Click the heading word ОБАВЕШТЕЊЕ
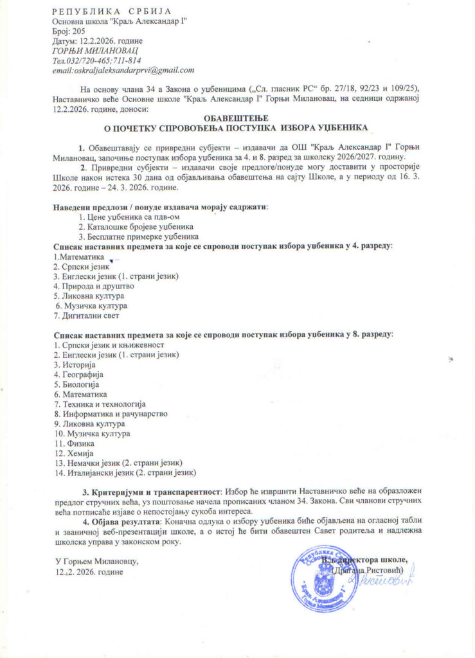click(x=237, y=118)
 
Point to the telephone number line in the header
click(x=97, y=60)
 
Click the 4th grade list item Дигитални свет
click(x=87, y=316)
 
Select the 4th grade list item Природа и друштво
click(x=94, y=286)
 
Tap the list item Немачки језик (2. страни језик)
click(x=119, y=463)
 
